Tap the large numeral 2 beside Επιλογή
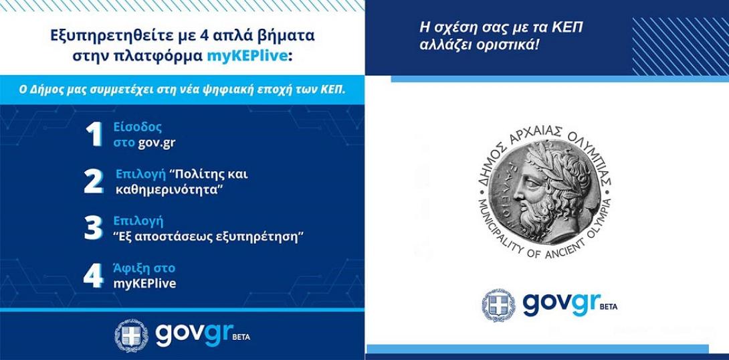coord(94,182)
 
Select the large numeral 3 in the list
coord(93,228)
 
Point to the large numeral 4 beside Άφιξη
coord(93,276)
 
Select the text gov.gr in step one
coord(157,142)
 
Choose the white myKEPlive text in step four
coord(144,284)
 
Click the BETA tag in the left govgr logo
coord(241,338)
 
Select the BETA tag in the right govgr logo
coord(608,306)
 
